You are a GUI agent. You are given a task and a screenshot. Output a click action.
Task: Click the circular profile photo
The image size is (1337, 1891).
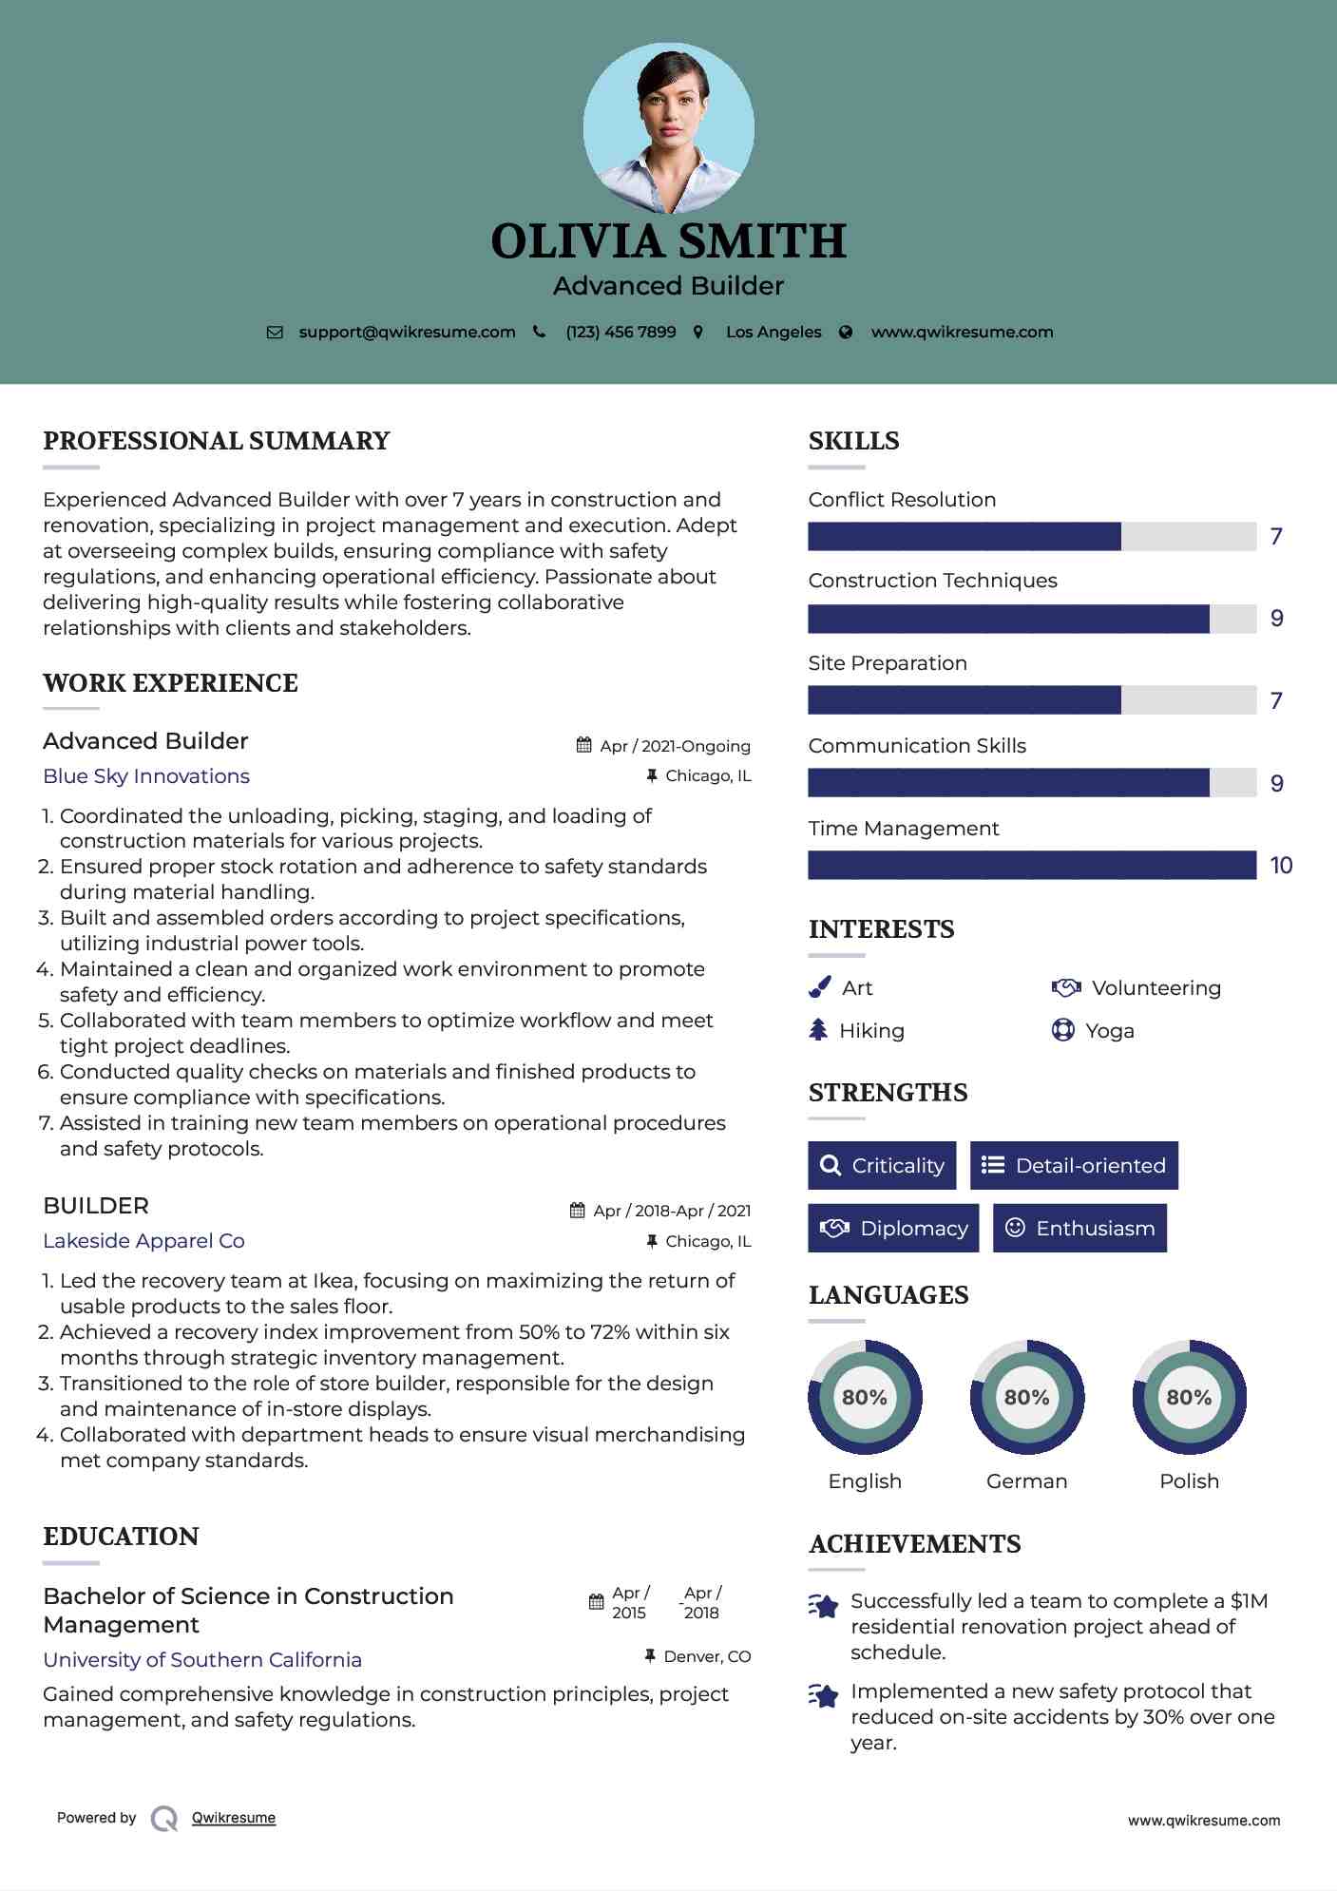668,128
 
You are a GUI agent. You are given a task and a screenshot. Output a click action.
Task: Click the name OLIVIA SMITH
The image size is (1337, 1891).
668,241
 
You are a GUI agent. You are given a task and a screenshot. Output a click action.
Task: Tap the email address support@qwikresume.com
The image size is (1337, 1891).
407,333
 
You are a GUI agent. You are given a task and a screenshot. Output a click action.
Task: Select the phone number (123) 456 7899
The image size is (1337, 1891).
621,333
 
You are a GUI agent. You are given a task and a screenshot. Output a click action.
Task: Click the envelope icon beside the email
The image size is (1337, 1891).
275,333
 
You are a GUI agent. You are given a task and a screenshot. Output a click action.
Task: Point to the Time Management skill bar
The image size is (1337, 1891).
1032,865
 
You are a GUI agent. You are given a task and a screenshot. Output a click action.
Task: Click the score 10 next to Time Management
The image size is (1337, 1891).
1281,866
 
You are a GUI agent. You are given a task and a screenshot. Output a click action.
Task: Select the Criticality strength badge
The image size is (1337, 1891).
882,1165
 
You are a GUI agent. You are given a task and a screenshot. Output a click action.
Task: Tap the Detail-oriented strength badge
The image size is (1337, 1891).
1074,1165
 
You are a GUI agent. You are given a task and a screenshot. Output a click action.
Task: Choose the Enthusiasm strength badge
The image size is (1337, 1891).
1079,1228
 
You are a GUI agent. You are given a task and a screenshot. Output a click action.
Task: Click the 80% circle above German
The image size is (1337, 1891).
1026,1397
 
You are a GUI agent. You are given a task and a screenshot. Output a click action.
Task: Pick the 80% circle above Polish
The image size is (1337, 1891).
1189,1397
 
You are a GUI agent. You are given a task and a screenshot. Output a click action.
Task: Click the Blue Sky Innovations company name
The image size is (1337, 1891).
146,776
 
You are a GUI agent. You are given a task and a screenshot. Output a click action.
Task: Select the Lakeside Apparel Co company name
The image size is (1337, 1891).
143,1241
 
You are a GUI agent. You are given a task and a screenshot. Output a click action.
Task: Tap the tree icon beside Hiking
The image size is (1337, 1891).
818,1030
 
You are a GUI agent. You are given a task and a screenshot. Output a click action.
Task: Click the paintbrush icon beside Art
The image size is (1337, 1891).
819,988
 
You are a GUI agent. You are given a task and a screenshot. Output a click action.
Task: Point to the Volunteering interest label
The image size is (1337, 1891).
1156,988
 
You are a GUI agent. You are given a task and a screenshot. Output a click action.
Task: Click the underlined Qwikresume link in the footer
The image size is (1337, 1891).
234,1818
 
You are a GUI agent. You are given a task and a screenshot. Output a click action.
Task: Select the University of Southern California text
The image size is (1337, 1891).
202,1660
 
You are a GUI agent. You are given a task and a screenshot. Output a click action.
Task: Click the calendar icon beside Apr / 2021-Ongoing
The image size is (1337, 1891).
584,746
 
